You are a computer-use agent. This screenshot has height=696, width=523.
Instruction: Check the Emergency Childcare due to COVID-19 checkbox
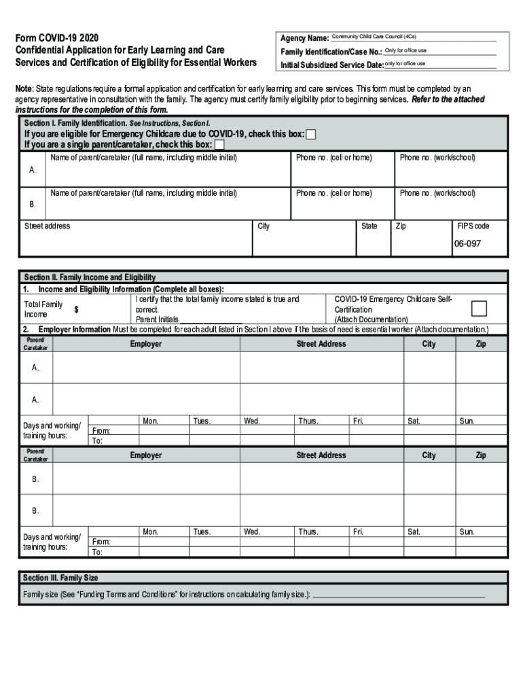coord(311,135)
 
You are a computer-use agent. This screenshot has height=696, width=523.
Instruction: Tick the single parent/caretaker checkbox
coord(219,145)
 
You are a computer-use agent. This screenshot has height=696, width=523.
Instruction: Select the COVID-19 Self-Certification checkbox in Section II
coord(479,309)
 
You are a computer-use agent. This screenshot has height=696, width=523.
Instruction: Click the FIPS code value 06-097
coord(467,243)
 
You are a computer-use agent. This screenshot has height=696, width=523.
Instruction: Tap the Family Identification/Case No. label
coord(331,52)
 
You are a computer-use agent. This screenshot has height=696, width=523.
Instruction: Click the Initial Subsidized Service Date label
coord(332,65)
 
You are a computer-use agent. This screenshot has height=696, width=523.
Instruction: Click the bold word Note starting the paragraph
coord(24,89)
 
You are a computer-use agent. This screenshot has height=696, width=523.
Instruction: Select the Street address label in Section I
coord(47,226)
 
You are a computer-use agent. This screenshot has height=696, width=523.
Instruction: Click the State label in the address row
coord(369,226)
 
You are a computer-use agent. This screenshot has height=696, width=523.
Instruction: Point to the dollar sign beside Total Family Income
coord(76,310)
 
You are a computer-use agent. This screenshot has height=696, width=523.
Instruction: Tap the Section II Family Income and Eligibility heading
coord(90,277)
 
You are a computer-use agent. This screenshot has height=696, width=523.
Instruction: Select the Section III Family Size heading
coord(60,578)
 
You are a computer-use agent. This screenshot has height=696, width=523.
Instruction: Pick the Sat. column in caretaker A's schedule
coord(414,421)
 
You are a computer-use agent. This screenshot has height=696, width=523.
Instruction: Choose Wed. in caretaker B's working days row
coord(252,532)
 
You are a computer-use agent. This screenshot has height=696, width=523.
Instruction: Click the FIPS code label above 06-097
coord(473,226)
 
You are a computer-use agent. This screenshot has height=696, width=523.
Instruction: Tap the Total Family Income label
coord(43,309)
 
